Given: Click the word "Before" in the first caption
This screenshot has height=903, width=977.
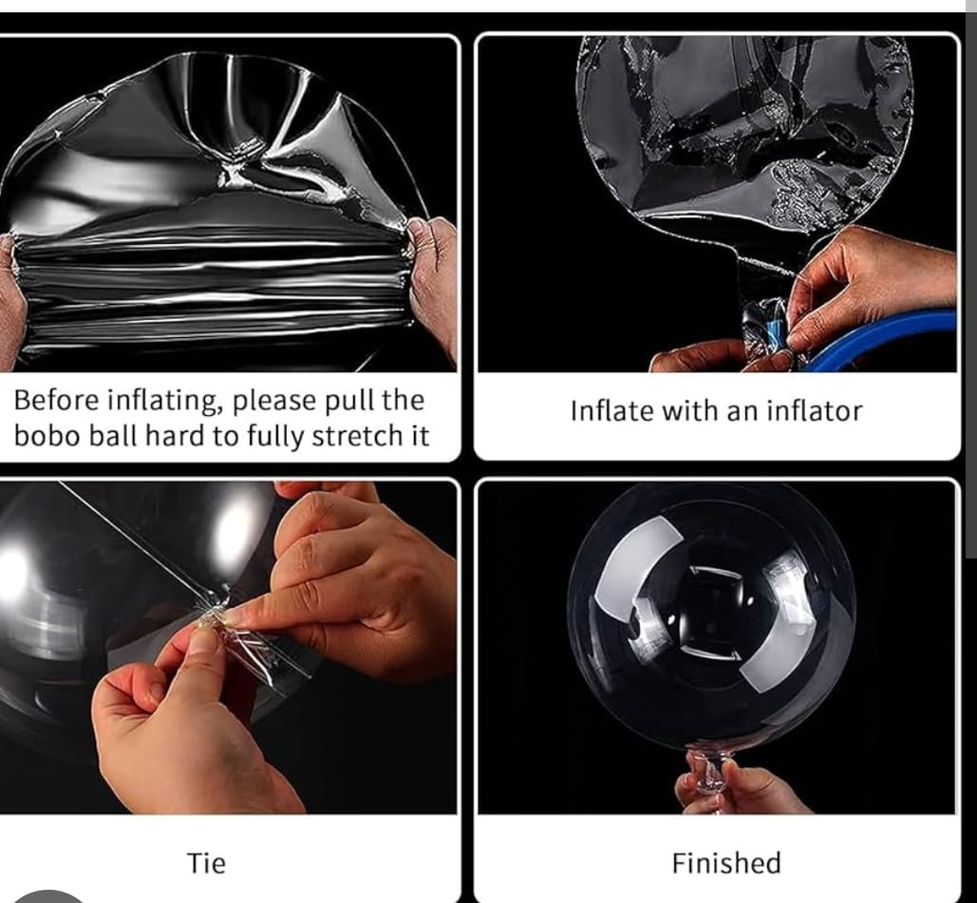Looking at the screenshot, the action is (x=56, y=400).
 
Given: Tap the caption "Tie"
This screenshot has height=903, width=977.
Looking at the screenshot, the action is (x=206, y=863).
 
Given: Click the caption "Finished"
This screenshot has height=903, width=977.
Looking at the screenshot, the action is (x=726, y=863).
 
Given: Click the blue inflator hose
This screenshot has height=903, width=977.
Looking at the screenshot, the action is (x=885, y=340).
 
